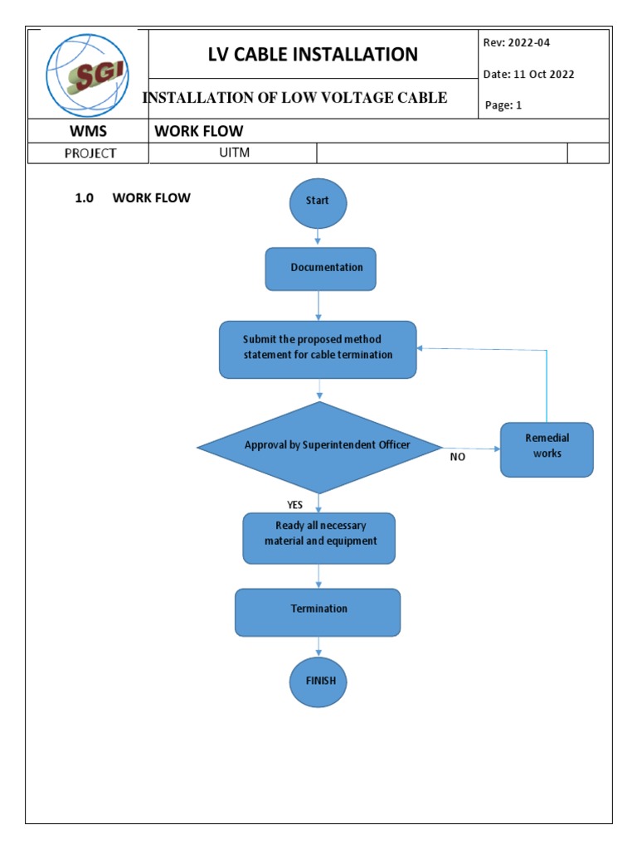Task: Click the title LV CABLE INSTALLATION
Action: pyautogui.click(x=314, y=55)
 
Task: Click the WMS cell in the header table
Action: pyautogui.click(x=88, y=132)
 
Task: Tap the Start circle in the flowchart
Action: pyautogui.click(x=318, y=201)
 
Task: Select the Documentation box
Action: pyautogui.click(x=320, y=269)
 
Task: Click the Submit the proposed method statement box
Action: pyautogui.click(x=318, y=349)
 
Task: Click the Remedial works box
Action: pyautogui.click(x=547, y=449)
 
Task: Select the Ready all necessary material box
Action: pyautogui.click(x=319, y=537)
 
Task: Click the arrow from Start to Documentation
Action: pyautogui.click(x=318, y=237)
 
